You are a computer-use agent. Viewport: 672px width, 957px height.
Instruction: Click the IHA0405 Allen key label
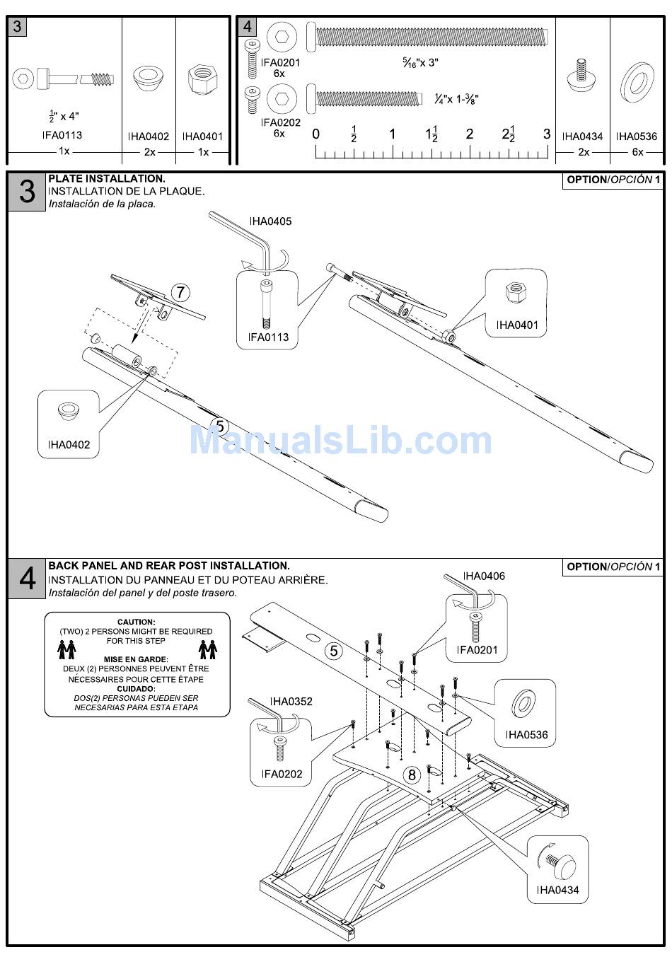click(x=270, y=221)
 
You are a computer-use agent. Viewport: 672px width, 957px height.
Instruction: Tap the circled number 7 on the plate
click(x=181, y=292)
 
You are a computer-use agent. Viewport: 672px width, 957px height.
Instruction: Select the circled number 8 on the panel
click(x=412, y=775)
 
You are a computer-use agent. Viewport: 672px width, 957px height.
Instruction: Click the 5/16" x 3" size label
click(x=420, y=63)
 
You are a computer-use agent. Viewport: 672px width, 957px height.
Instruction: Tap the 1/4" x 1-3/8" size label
click(x=456, y=100)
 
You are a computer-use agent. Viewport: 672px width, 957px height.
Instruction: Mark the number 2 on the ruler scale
click(x=469, y=134)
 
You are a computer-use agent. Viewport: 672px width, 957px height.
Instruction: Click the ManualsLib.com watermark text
click(x=340, y=441)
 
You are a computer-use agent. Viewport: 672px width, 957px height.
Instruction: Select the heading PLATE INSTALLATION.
click(x=107, y=179)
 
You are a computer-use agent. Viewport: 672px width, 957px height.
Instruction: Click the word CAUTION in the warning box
click(x=137, y=622)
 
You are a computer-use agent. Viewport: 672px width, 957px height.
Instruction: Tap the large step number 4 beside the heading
click(x=27, y=579)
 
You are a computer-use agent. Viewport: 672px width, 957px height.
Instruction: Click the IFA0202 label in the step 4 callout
click(x=282, y=774)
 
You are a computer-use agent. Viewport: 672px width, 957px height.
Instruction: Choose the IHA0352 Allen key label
click(x=291, y=702)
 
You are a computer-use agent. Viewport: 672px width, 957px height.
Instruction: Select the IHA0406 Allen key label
click(x=484, y=576)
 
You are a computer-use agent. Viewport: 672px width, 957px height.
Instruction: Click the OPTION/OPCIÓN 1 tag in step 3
click(x=613, y=180)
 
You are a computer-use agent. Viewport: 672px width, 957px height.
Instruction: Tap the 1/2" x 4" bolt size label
click(x=64, y=116)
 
